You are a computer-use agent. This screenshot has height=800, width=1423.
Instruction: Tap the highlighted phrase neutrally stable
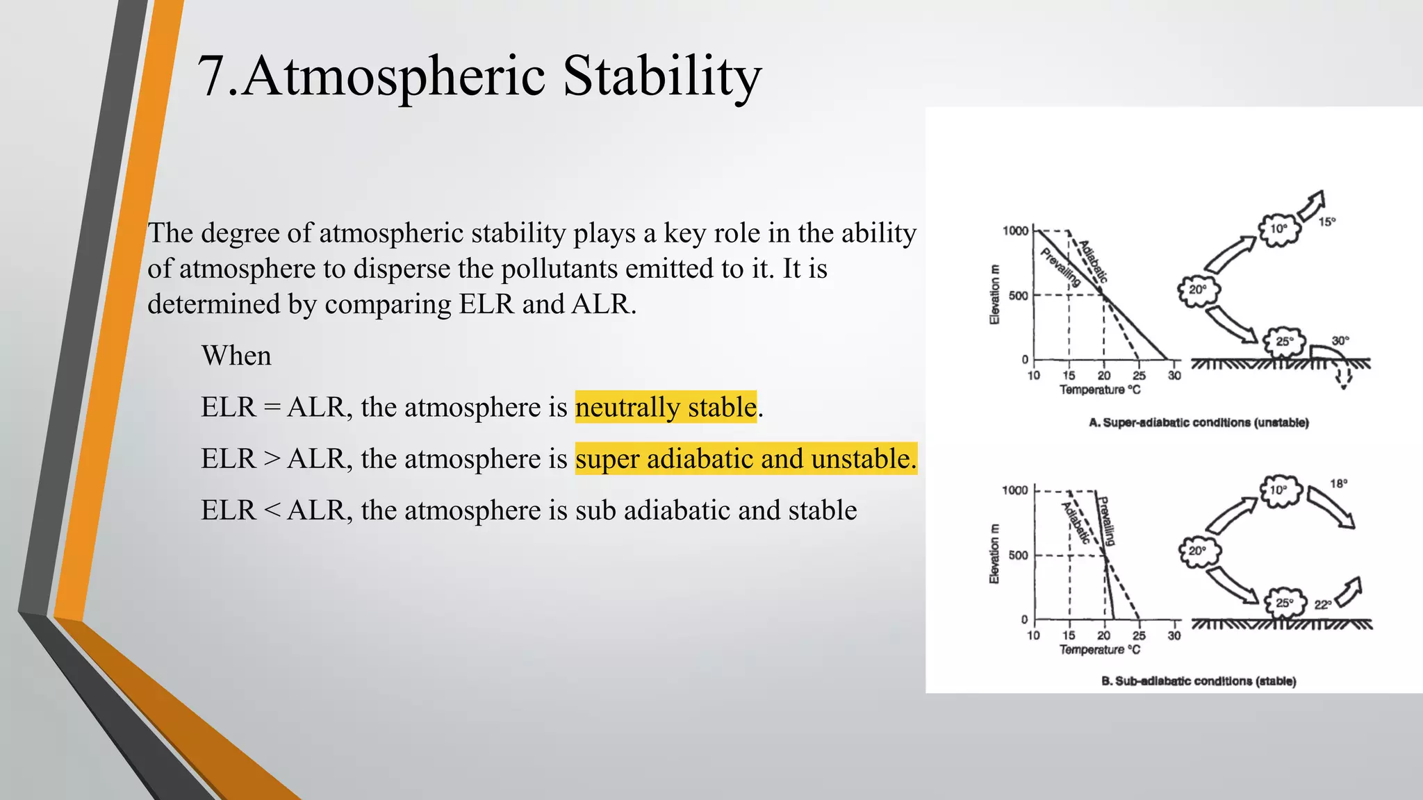pyautogui.click(x=666, y=407)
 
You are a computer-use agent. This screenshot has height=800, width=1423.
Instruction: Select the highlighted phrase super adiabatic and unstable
pyautogui.click(x=746, y=459)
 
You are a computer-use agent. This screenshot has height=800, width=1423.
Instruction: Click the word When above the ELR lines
pyautogui.click(x=236, y=356)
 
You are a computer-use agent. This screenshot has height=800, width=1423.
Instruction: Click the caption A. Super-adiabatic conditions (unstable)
pyautogui.click(x=1199, y=422)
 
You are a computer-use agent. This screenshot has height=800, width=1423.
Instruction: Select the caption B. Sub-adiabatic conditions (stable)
pyautogui.click(x=1199, y=681)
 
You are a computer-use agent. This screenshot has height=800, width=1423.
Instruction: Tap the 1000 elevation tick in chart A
pyautogui.click(x=1015, y=231)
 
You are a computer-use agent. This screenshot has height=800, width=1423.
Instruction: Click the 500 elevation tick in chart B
pyautogui.click(x=1018, y=556)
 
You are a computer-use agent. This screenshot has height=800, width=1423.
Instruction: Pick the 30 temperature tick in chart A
pyautogui.click(x=1174, y=376)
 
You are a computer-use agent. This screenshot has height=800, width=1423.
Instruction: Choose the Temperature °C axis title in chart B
pyautogui.click(x=1099, y=649)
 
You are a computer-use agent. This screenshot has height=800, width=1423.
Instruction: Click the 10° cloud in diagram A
pyautogui.click(x=1278, y=229)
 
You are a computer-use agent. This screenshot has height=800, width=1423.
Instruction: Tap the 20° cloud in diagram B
pyautogui.click(x=1198, y=551)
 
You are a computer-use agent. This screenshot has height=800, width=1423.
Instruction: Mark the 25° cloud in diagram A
pyautogui.click(x=1285, y=342)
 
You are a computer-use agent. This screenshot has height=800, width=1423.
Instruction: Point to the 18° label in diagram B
pyautogui.click(x=1338, y=483)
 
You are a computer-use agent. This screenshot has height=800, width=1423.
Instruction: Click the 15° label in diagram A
pyautogui.click(x=1327, y=222)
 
